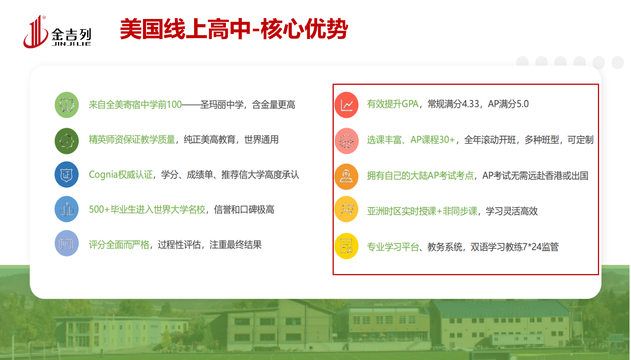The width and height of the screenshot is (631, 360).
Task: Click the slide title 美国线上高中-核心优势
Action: tap(234, 29)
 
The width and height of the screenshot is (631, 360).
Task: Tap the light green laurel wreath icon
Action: tap(67, 105)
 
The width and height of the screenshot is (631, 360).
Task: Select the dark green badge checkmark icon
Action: tap(67, 141)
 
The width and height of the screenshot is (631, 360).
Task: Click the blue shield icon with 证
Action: tap(67, 174)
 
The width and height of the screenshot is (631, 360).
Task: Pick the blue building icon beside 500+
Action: tap(67, 209)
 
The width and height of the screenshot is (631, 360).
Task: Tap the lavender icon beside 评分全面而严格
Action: tap(67, 243)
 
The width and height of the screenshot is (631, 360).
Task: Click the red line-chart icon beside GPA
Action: tap(346, 105)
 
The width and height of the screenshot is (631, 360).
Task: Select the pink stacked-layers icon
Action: tap(346, 141)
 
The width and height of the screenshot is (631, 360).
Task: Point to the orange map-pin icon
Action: tap(346, 177)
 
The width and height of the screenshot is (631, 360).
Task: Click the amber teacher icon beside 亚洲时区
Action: tap(346, 209)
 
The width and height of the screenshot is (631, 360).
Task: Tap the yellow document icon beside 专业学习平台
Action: tap(346, 246)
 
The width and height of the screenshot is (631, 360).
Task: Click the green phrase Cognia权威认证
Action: tap(120, 175)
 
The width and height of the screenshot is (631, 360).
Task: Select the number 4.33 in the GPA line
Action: tap(470, 104)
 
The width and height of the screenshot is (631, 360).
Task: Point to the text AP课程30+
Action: tap(433, 140)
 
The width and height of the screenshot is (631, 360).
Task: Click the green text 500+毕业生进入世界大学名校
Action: tap(147, 210)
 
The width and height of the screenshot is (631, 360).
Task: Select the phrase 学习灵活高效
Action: tap(512, 211)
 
